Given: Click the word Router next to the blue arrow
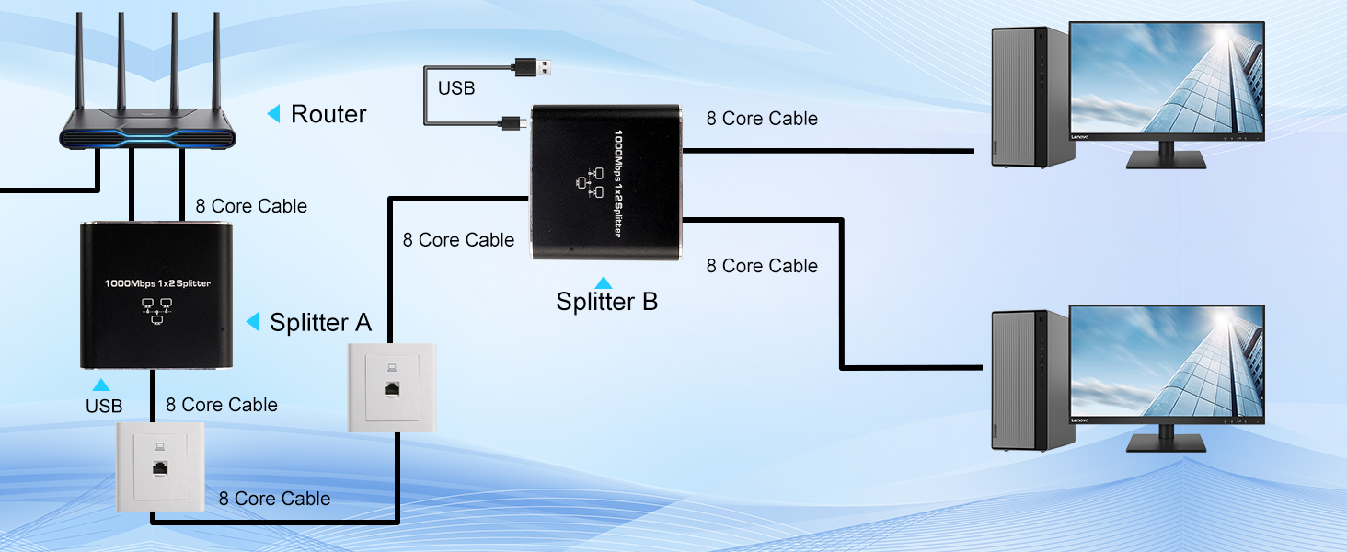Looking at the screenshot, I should click(x=328, y=114).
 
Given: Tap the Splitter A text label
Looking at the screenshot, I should click(x=320, y=322).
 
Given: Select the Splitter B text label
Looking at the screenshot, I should click(x=606, y=302).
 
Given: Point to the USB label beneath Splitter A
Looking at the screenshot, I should click(x=103, y=406).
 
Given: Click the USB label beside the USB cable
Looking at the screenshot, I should click(x=456, y=88).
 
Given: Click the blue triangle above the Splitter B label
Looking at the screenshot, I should click(x=604, y=282).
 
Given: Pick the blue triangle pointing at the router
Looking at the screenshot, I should click(x=273, y=114).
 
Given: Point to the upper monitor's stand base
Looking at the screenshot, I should click(x=1167, y=161).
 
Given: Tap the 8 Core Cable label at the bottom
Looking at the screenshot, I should click(x=274, y=499).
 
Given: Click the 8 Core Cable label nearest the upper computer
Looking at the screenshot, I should click(x=762, y=119).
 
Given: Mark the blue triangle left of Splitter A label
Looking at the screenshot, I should click(x=252, y=322).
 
